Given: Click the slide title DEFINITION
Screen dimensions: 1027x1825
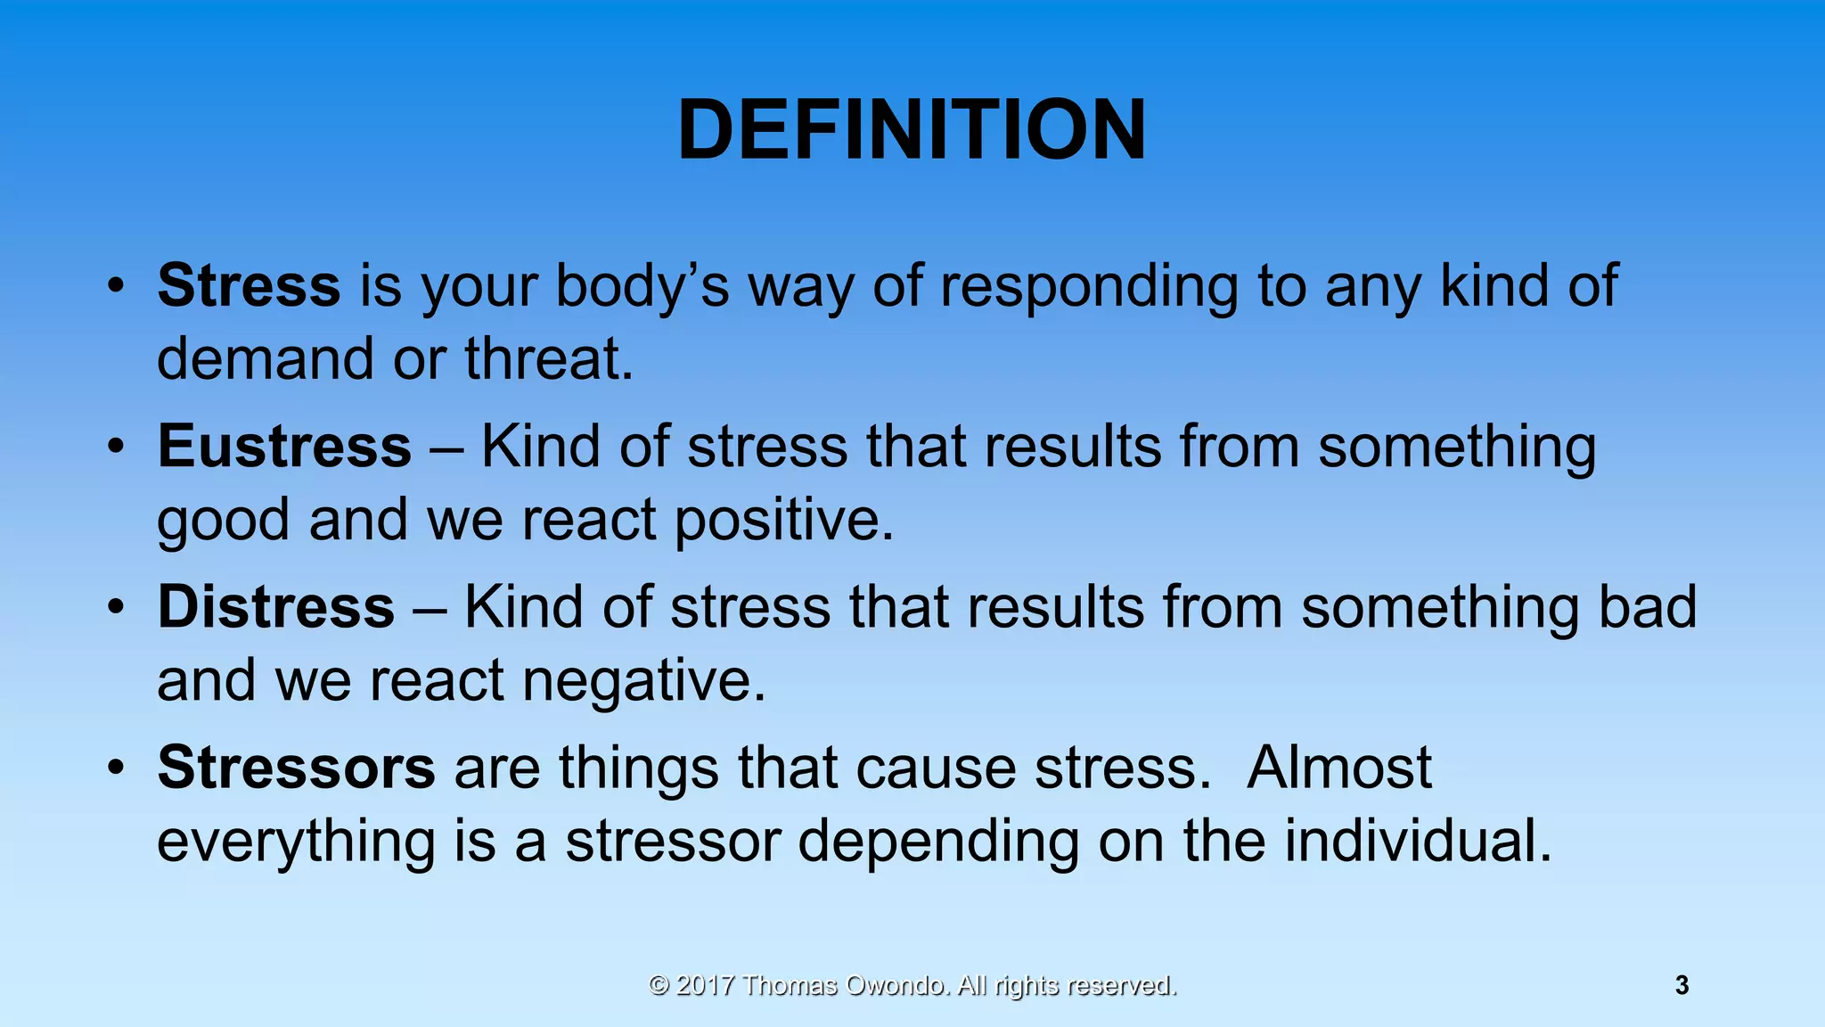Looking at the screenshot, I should (912, 130).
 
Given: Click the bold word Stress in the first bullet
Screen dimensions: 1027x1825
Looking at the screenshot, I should (249, 286).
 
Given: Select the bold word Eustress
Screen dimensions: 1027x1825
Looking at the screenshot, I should (284, 447).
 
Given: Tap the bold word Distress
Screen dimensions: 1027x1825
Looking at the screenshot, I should (275, 607).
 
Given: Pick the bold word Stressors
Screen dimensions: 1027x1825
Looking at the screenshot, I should (296, 768).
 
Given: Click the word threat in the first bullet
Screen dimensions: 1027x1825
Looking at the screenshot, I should (548, 359).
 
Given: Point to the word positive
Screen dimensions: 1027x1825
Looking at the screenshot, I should (783, 521).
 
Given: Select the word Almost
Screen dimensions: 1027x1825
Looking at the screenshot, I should (1338, 768).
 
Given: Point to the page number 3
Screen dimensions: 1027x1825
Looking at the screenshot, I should (1682, 985).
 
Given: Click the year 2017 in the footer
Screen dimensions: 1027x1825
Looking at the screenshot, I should (705, 985).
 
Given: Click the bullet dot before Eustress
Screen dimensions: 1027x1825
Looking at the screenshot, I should (115, 447).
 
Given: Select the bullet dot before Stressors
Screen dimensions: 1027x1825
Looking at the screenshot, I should (115, 768).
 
